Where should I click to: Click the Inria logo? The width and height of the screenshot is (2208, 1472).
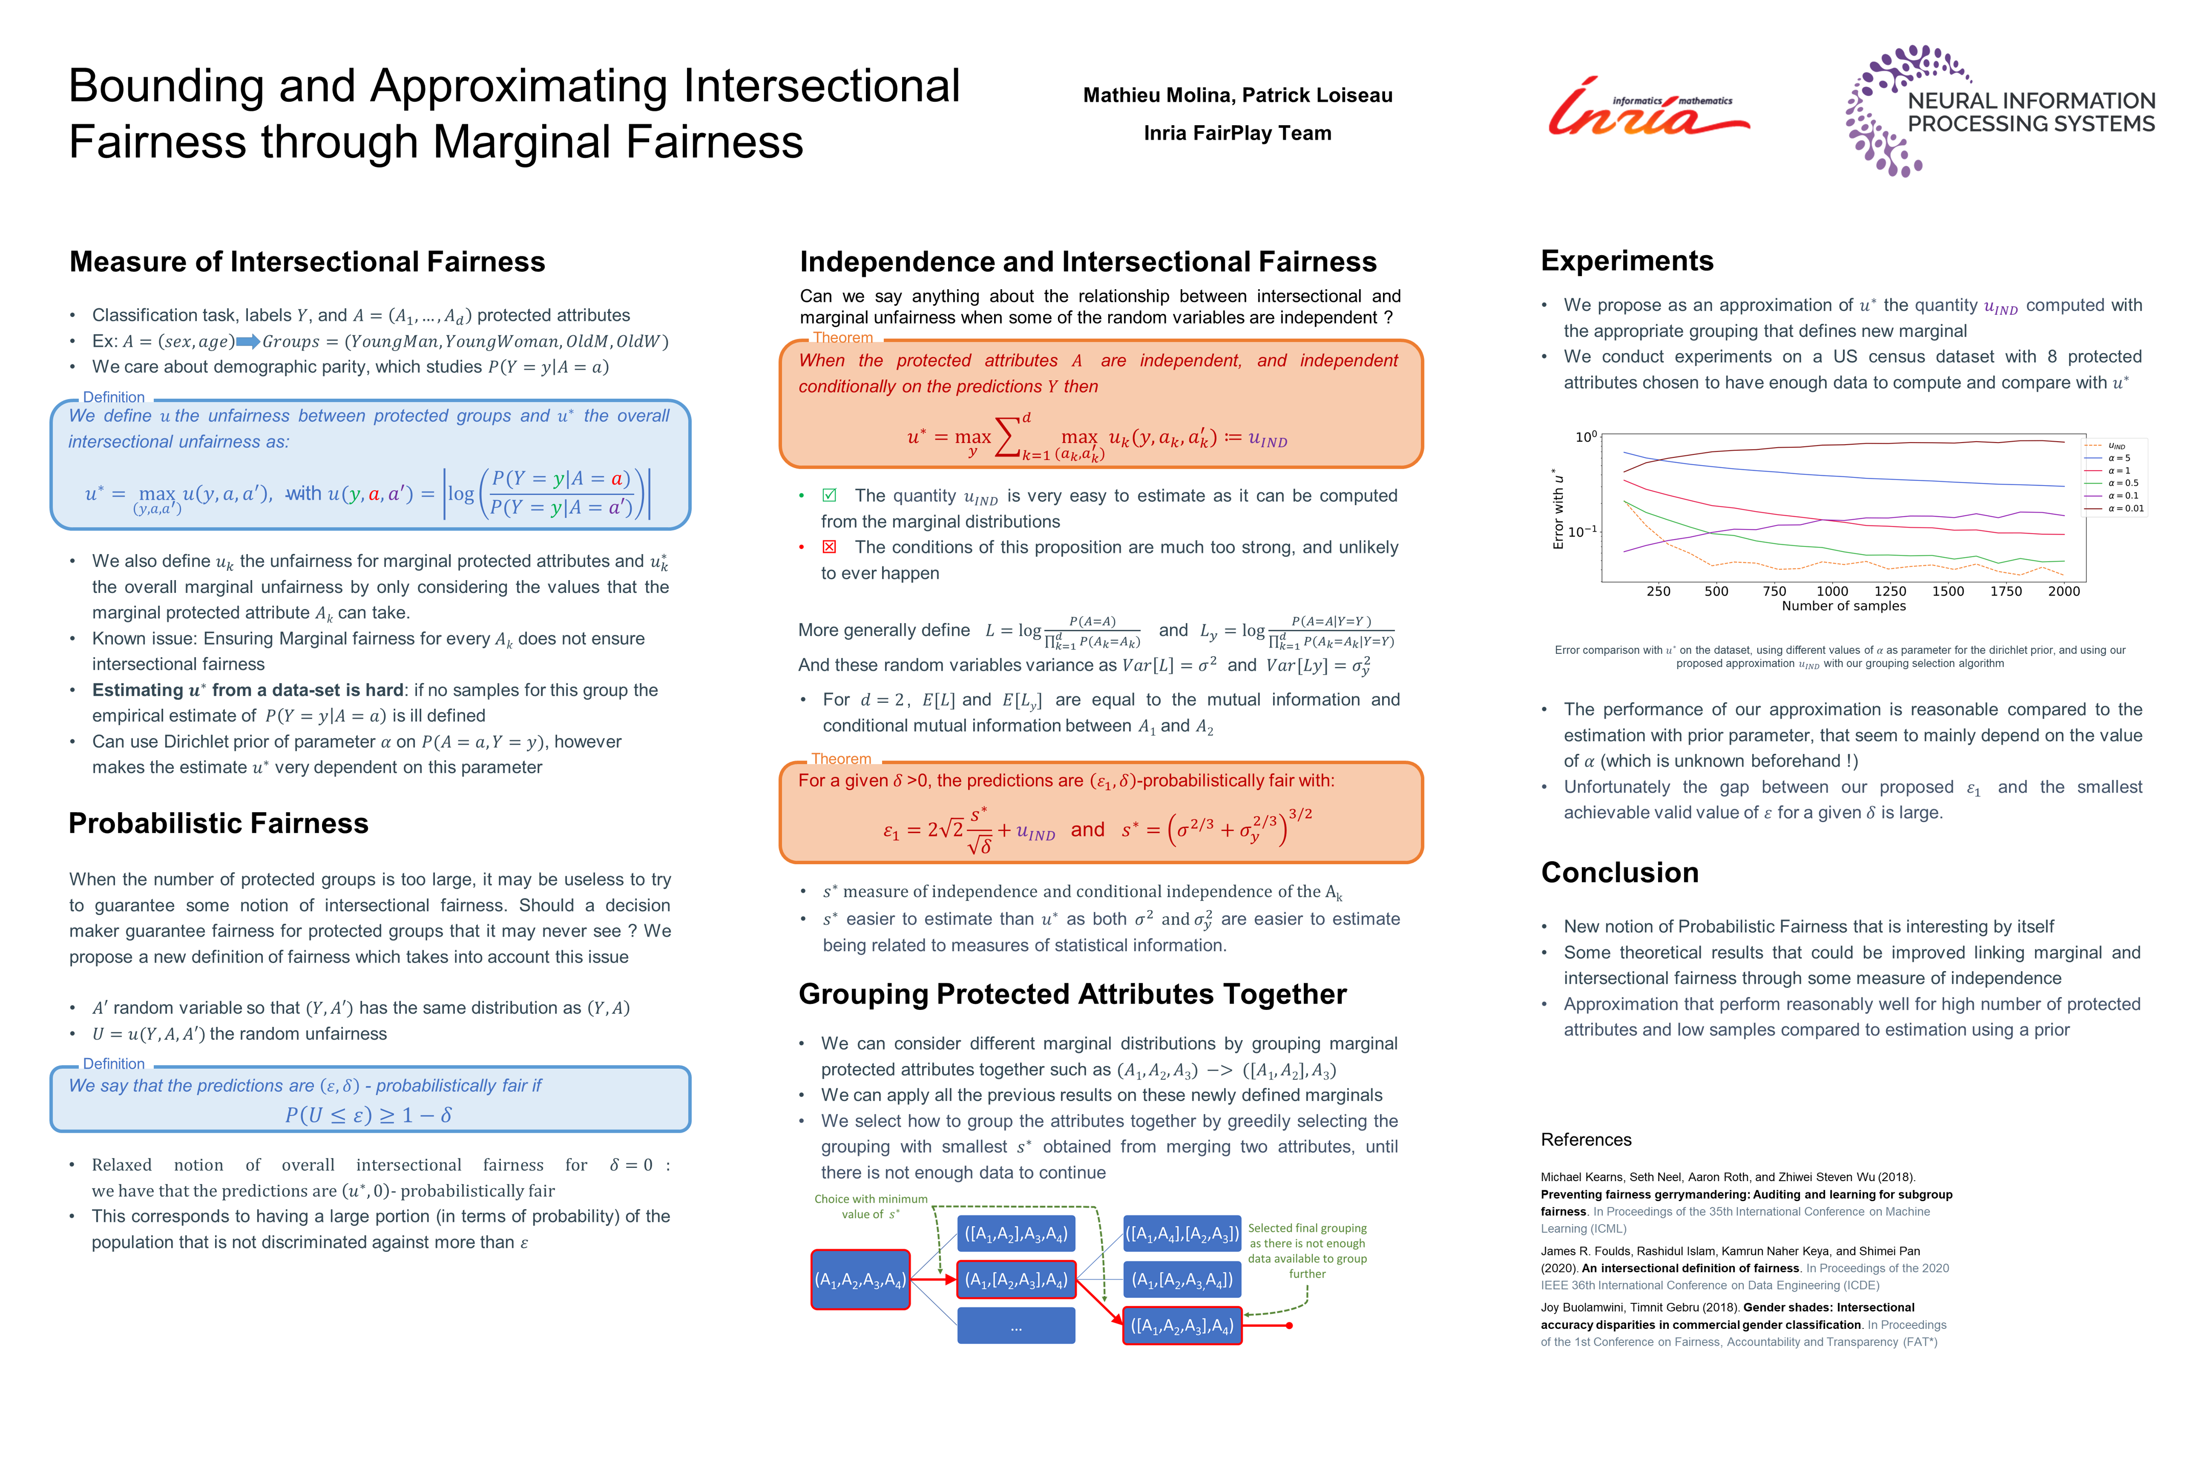tap(1647, 108)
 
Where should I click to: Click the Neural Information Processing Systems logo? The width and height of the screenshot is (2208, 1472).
tap(1999, 111)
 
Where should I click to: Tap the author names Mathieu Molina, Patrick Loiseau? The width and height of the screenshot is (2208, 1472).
tap(1237, 95)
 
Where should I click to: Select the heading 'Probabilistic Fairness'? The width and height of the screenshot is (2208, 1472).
tap(218, 823)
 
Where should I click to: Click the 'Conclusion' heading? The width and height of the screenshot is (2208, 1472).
tap(1619, 872)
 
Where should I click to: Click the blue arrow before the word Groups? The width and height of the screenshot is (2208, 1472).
tap(248, 341)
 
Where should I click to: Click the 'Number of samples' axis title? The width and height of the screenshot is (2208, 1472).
tap(1843, 607)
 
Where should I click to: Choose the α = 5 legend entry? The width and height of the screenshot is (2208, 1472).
tap(2120, 458)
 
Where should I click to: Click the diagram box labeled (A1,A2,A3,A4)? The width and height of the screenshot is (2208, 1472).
tap(860, 1279)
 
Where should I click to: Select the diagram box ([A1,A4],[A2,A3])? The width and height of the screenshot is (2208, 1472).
tap(1182, 1233)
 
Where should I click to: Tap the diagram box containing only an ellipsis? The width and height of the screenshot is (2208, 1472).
tap(1016, 1325)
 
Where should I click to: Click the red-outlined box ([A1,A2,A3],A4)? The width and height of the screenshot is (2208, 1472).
tap(1182, 1325)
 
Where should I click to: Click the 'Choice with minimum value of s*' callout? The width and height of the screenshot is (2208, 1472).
tap(870, 1206)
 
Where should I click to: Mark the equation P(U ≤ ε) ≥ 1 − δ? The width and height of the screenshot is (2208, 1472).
tap(369, 1115)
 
